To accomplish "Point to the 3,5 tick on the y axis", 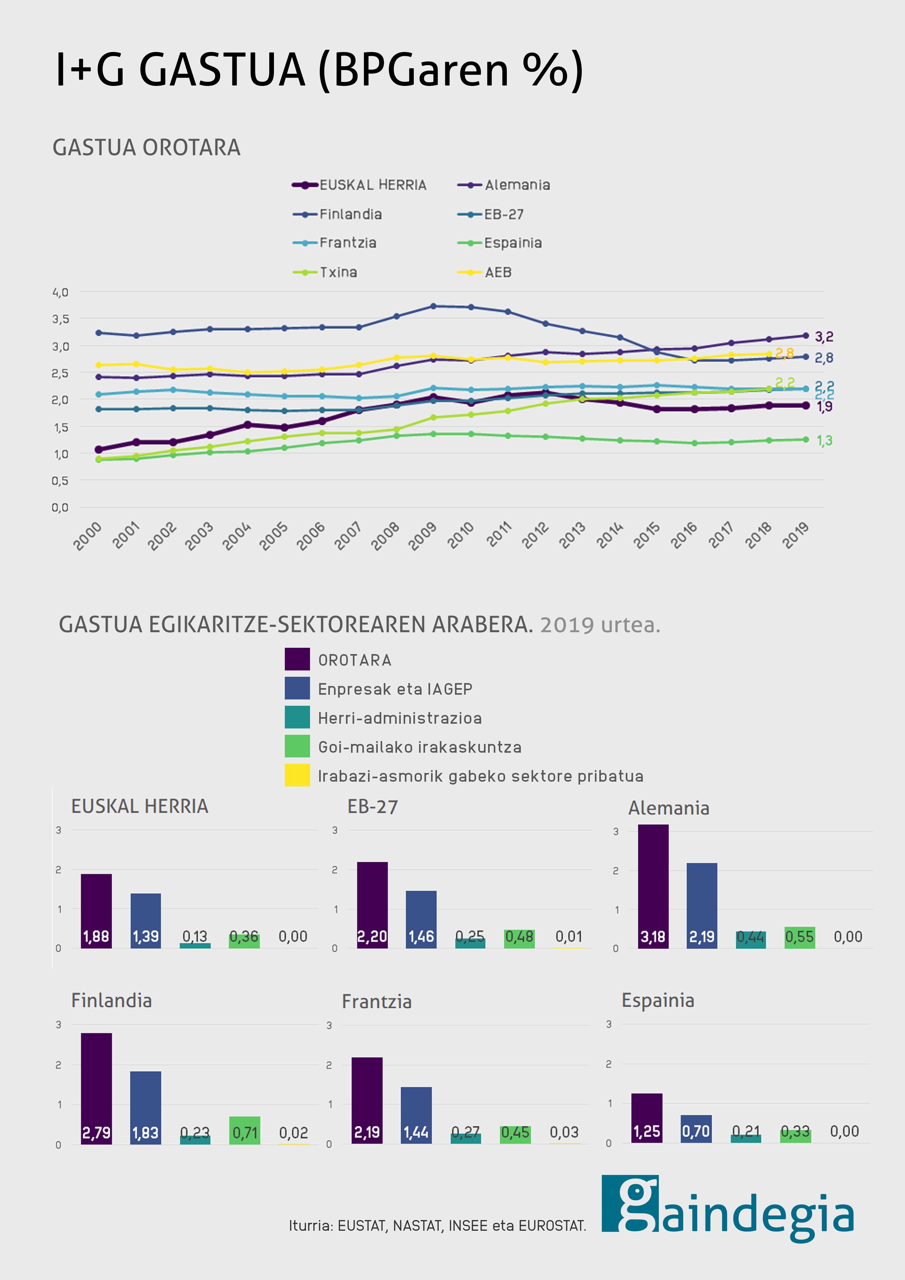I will [60, 319].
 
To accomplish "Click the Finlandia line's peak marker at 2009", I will [433, 306].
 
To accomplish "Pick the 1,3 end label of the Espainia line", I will [824, 440].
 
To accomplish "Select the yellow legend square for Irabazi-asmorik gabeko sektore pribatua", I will [297, 775].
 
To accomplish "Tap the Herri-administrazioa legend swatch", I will [297, 718].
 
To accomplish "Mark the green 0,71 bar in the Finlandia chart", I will [245, 1130].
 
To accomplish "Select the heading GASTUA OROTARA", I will [147, 148].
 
